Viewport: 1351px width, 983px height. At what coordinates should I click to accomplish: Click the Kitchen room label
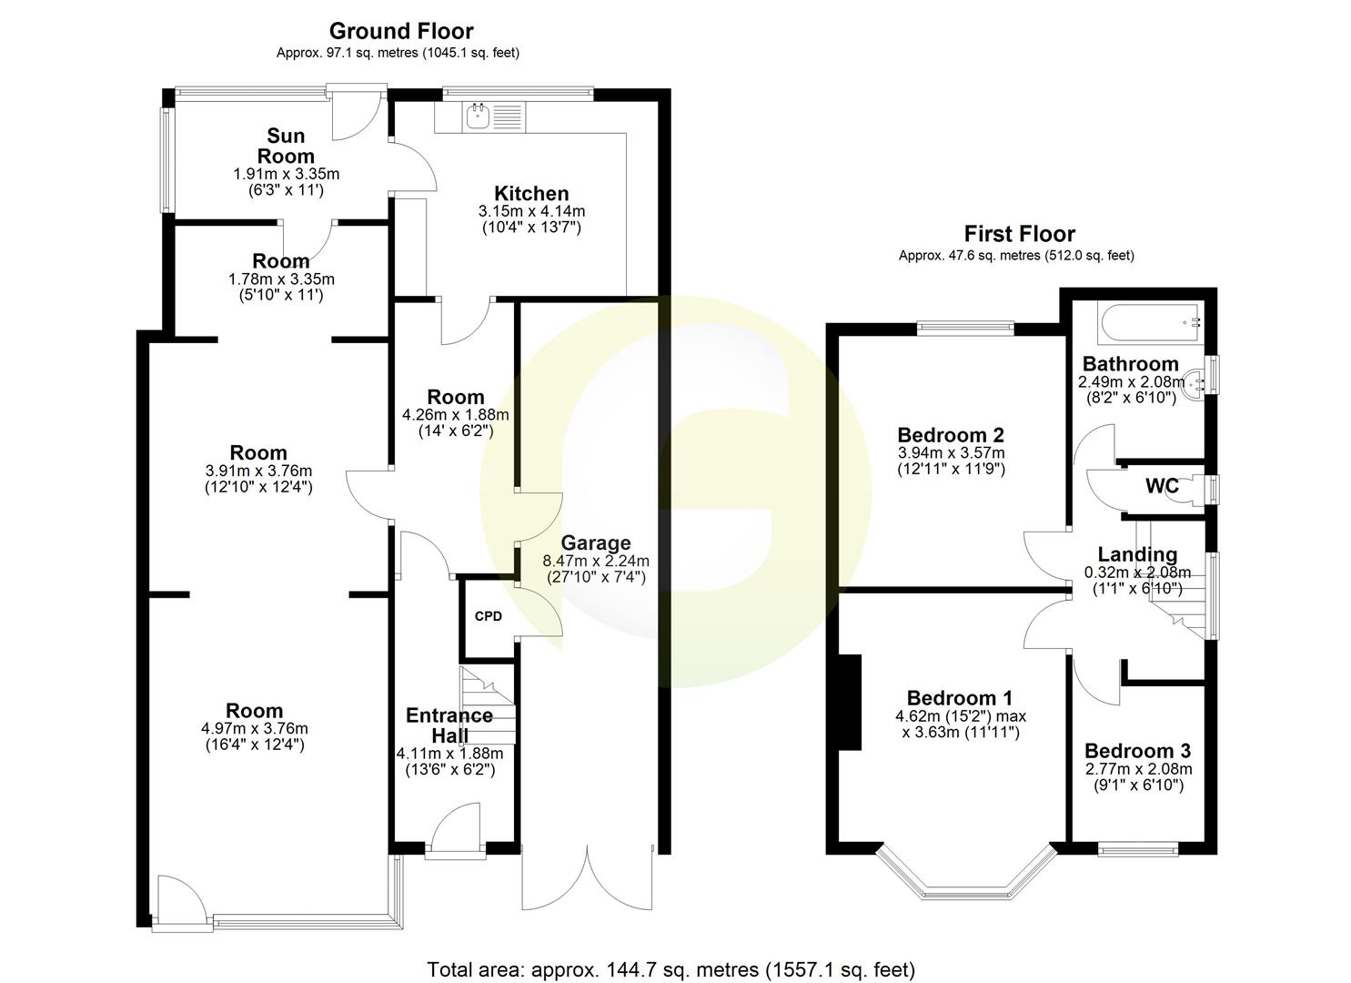coord(531,193)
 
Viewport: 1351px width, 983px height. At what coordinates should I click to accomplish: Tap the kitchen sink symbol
coord(478,116)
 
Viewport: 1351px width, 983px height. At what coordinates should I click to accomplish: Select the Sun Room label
coord(286,146)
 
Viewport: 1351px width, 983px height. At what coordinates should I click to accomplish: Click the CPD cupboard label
coord(489,616)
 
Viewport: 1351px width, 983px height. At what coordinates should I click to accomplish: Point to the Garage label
coord(596,543)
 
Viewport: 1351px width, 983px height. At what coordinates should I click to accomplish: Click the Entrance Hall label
coord(449,725)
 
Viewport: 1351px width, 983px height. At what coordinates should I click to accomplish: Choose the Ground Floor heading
coord(401,32)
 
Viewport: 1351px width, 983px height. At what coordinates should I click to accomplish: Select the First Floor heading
coord(1020,234)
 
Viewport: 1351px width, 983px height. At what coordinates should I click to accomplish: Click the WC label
coord(1162,486)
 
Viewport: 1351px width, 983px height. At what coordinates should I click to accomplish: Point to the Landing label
coord(1137,554)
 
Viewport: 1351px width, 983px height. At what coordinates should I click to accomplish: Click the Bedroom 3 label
coord(1137,751)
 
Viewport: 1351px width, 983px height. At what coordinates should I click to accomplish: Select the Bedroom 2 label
coord(951,434)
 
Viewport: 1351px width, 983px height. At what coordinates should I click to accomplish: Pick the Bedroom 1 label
coord(960,698)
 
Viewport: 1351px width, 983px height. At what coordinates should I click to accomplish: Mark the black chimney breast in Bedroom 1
coord(850,702)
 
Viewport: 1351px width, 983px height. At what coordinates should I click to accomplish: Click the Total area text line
coord(671,969)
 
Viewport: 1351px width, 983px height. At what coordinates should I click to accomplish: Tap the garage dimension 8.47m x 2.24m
coord(596,562)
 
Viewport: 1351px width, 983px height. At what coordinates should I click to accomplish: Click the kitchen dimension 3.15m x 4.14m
coord(531,211)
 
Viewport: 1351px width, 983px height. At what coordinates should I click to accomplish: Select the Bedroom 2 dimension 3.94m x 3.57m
coord(951,453)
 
